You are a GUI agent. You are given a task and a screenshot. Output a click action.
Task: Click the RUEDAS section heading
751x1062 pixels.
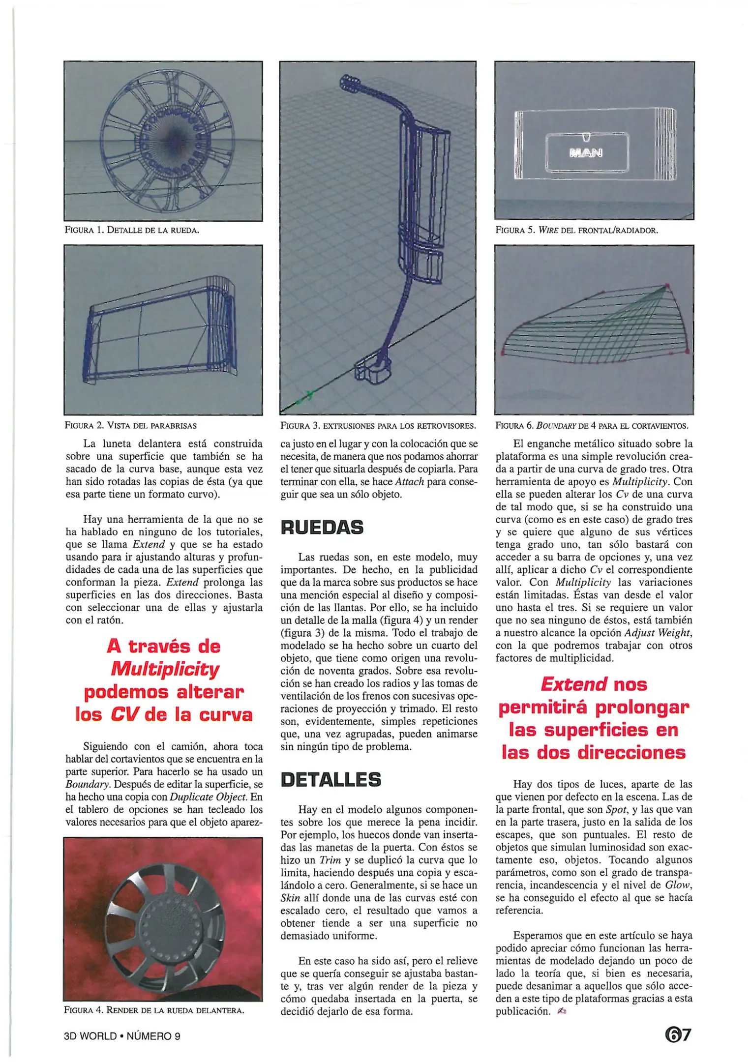(x=322, y=528)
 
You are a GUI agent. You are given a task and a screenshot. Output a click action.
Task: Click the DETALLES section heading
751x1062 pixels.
(x=330, y=780)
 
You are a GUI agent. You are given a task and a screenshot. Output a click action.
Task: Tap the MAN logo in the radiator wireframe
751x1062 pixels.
(x=586, y=153)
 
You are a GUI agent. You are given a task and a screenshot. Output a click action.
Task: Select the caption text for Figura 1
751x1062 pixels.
(x=132, y=230)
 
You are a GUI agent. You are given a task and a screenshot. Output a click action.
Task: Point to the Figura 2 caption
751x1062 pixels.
(x=130, y=425)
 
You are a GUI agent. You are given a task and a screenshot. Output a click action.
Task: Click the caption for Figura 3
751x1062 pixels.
(x=378, y=425)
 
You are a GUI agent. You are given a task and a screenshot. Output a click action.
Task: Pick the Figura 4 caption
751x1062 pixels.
(x=153, y=1010)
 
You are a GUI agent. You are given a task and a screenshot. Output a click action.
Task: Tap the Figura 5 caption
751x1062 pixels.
(x=576, y=230)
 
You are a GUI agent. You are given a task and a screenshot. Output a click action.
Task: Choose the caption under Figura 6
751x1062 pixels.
(x=592, y=425)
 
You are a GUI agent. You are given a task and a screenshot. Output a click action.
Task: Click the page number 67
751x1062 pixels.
(x=678, y=1035)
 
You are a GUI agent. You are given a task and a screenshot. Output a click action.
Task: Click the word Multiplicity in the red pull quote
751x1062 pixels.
(x=165, y=669)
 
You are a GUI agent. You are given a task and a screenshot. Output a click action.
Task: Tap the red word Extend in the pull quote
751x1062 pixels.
(x=573, y=684)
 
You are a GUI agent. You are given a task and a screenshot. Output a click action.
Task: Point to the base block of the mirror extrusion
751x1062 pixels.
(x=372, y=371)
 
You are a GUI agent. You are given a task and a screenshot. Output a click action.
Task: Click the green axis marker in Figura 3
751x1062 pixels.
(x=308, y=395)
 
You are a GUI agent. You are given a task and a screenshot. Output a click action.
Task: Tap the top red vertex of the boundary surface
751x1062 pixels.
(x=667, y=285)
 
